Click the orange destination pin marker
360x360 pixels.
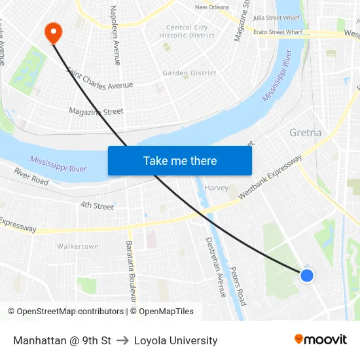click(52, 31)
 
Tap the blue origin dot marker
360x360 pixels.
click(306, 276)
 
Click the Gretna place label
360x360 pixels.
click(305, 133)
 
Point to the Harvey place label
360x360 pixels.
click(217, 188)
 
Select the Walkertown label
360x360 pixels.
click(78, 246)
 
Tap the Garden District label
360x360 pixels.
click(189, 73)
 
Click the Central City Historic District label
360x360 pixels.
click(187, 31)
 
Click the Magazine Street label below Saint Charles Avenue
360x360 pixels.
click(96, 112)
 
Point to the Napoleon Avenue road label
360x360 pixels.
click(115, 36)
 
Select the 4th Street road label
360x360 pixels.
click(97, 206)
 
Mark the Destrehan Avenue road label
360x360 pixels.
click(215, 267)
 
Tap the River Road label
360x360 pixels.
click(31, 177)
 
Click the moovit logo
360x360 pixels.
click(321, 339)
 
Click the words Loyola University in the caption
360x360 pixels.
click(175, 340)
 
